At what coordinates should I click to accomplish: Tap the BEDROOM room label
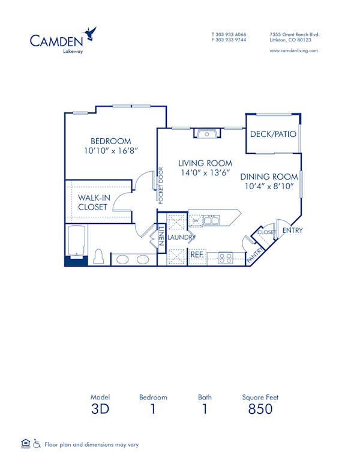(108, 142)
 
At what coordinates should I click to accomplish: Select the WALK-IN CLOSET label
(92, 202)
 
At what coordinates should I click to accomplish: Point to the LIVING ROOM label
(205, 163)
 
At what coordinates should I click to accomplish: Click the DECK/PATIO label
(273, 134)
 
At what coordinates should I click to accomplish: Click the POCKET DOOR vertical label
(161, 186)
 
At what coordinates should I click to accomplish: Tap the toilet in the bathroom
(100, 257)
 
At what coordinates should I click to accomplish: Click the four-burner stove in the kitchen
(226, 258)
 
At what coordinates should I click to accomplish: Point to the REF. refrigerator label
(197, 255)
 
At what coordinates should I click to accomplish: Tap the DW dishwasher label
(195, 221)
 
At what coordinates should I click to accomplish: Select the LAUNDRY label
(181, 238)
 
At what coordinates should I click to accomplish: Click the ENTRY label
(292, 231)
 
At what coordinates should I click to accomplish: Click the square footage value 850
(260, 410)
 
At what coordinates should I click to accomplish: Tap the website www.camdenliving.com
(294, 51)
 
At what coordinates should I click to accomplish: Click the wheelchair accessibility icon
(37, 444)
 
